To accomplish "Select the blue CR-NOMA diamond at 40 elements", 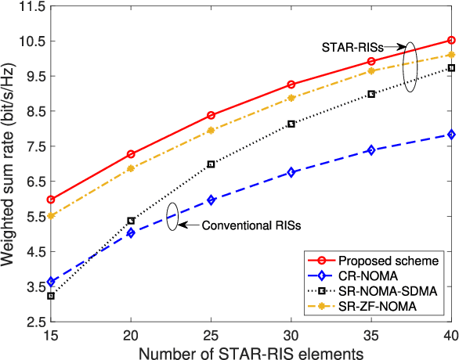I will point(450,135).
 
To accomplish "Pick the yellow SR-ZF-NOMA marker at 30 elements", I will point(291,98).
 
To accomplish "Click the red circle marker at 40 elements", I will point(450,40).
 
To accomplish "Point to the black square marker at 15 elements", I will point(52,296).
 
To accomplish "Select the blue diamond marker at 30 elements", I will point(291,172).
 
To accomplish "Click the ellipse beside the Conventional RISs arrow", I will point(172,217).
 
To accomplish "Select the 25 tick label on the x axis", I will point(211,334).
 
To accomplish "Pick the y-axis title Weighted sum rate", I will point(9,164).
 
